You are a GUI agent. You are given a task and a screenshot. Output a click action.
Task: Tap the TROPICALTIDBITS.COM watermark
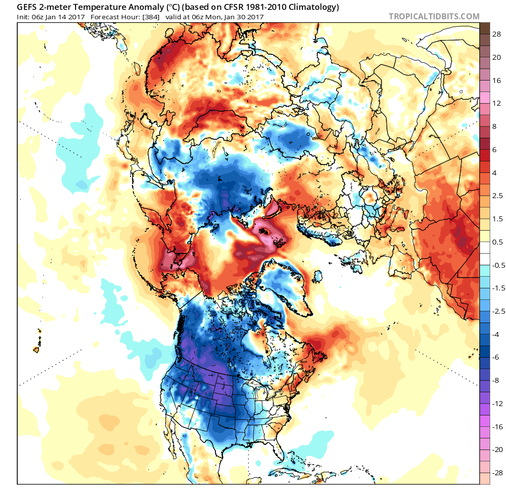click(434, 16)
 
